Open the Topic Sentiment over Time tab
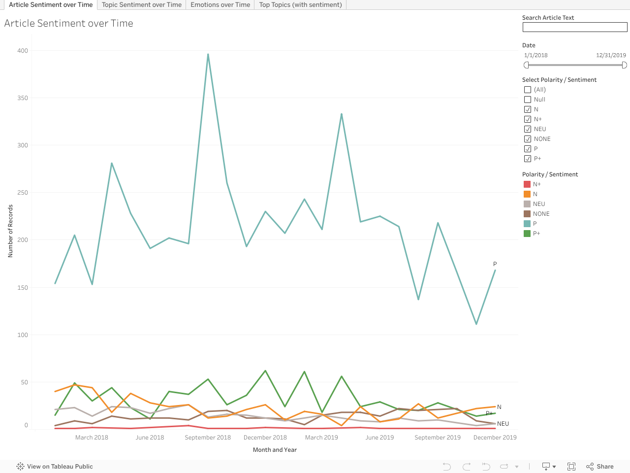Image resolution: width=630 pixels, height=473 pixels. pos(142,5)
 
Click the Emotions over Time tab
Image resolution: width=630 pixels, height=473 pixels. pos(220,5)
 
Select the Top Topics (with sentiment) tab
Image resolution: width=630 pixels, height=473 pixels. pos(300,5)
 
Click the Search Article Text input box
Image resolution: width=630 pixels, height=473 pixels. pos(574,27)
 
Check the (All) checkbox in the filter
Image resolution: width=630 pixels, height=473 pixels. pos(528,90)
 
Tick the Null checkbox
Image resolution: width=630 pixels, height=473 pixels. pos(528,100)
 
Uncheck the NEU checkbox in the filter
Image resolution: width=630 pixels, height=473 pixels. pos(528,129)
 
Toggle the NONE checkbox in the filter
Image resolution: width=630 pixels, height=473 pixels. pos(528,139)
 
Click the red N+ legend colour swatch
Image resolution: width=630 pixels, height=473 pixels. pos(527,184)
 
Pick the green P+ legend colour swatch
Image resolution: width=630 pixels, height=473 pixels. pos(527,234)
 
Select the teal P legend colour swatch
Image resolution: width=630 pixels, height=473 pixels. pos(527,224)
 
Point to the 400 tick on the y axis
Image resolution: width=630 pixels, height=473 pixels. pos(23,51)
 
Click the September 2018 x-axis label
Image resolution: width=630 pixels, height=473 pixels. pos(208,438)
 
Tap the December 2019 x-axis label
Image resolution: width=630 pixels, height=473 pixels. pos(495,438)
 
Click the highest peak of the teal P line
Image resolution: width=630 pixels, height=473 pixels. pos(208,55)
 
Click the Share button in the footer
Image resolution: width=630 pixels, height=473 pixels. pos(600,467)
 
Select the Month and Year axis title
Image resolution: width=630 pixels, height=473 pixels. pos(275,450)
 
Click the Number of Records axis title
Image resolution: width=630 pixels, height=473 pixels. pos(10,231)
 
